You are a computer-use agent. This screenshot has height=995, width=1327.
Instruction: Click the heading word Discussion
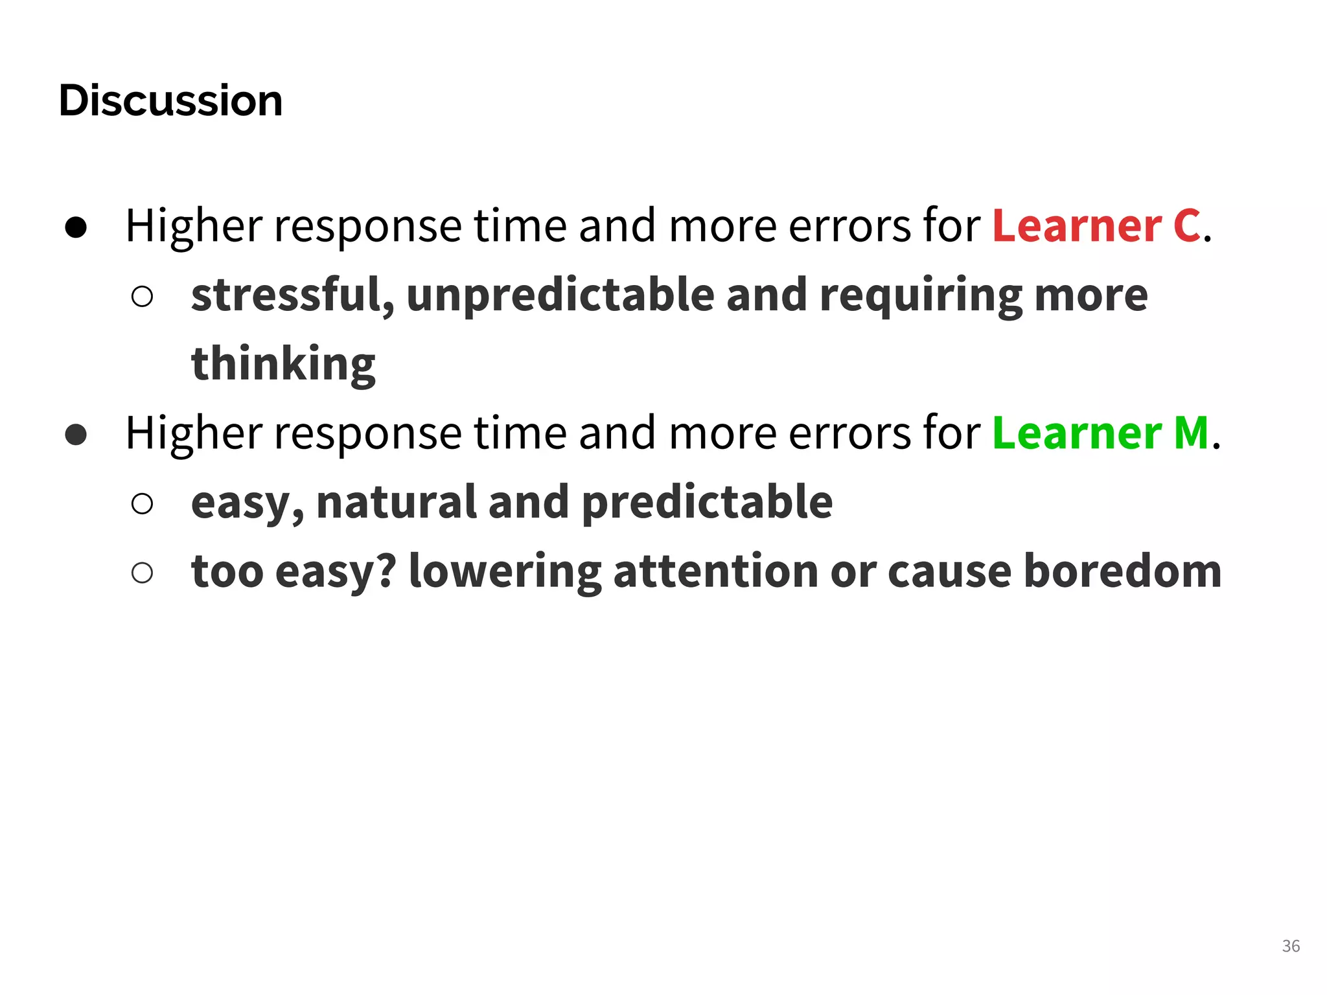(170, 101)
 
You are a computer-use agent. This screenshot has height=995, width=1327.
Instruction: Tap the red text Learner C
(1096, 226)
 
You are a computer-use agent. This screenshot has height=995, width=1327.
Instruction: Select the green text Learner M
(1100, 433)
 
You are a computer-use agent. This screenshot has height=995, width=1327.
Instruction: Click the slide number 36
(1291, 946)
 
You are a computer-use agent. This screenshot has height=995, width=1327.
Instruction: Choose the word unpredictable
(560, 295)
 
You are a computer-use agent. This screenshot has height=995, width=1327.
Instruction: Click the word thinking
(283, 364)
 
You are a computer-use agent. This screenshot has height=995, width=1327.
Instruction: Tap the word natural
(396, 502)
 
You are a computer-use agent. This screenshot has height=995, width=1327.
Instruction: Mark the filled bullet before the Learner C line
(76, 227)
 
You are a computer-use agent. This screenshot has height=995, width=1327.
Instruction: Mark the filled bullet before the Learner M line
(76, 435)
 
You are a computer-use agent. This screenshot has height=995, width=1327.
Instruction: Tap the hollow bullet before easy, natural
(142, 504)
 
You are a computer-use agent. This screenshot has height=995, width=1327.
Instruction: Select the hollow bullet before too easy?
(142, 573)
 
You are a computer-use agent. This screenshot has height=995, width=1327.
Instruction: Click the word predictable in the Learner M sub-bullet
(707, 502)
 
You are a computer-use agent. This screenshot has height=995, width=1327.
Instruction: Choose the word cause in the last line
(949, 573)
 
